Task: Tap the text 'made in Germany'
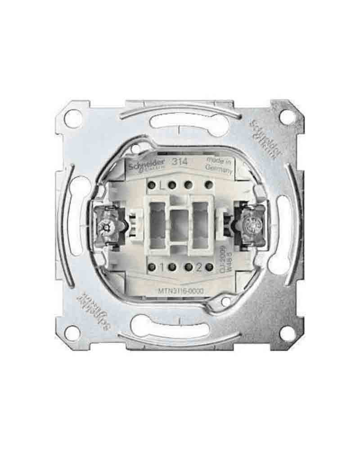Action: (x=219, y=165)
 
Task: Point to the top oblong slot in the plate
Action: (x=179, y=122)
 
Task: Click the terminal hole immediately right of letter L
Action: (x=171, y=184)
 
